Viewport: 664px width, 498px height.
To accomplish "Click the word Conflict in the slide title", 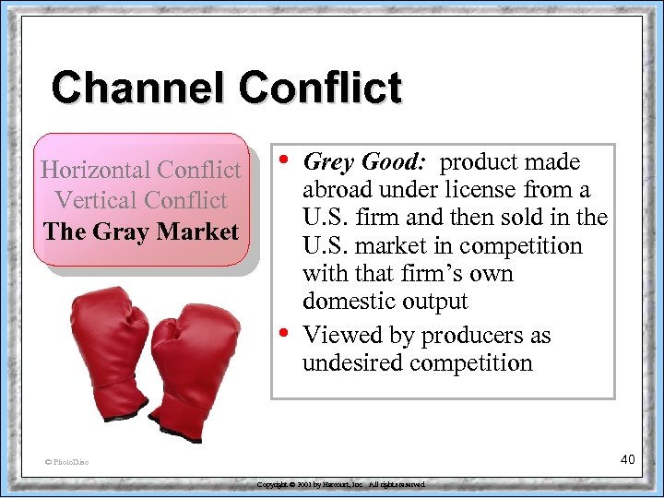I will click(x=320, y=89).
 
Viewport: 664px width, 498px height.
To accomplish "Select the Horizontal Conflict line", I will click(x=140, y=170).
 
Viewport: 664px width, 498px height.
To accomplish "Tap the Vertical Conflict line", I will click(x=140, y=200).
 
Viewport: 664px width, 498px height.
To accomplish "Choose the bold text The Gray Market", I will click(x=140, y=231).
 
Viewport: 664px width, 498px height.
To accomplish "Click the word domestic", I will click(x=346, y=302).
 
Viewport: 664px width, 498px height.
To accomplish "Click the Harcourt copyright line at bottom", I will click(x=341, y=484).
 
